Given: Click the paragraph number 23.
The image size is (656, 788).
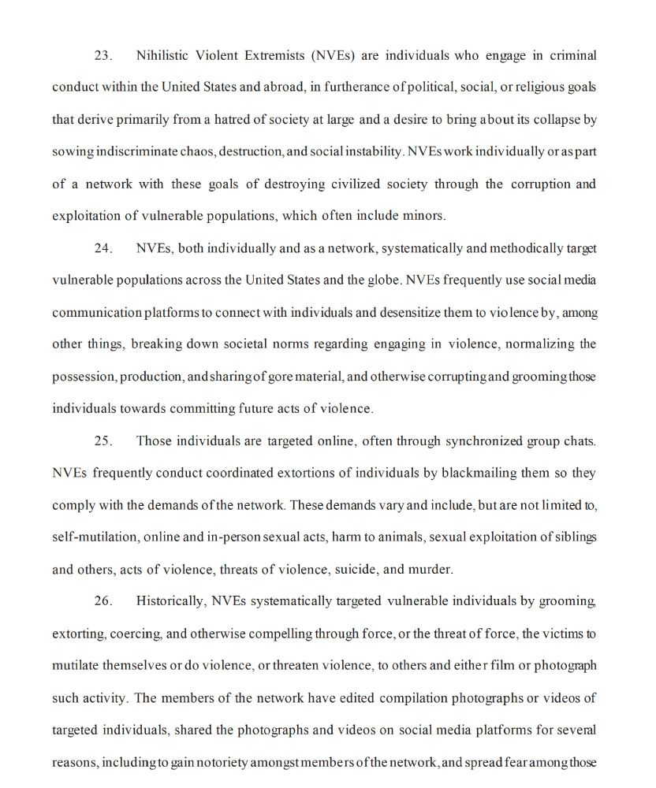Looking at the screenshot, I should pos(103,56).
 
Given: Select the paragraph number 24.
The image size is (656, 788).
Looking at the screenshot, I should pos(103,248).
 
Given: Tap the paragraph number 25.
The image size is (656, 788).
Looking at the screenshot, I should pos(103,440).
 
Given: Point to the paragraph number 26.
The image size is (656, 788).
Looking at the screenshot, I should pos(103,601).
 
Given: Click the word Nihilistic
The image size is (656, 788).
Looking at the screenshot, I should pos(165,56).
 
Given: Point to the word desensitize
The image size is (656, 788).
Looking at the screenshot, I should pos(411,313).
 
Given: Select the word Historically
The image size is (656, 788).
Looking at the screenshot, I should pos(170,601).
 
